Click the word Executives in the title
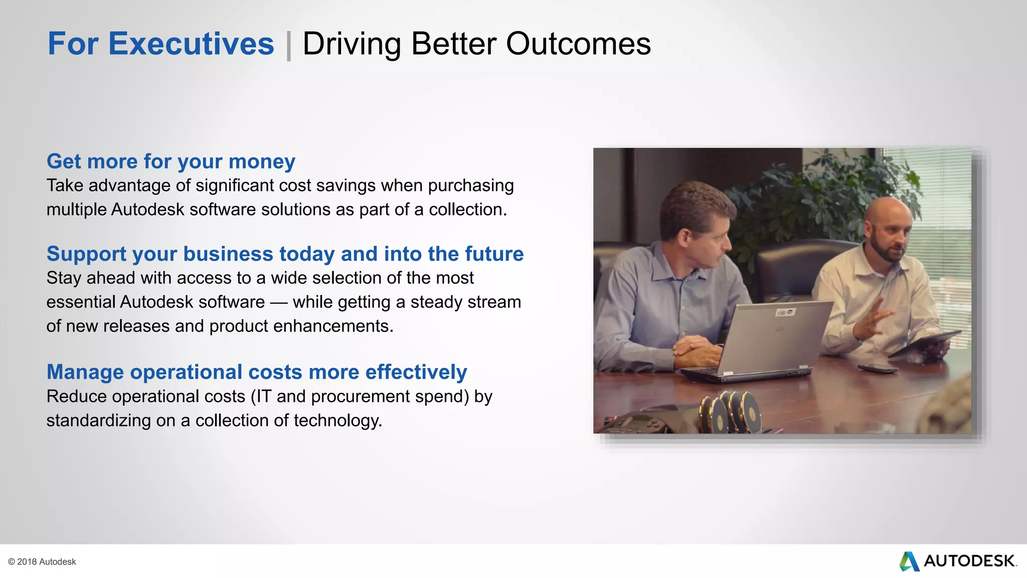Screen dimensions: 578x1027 tap(191, 44)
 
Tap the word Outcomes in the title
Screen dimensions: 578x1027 tap(578, 44)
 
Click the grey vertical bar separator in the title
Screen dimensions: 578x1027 tap(289, 45)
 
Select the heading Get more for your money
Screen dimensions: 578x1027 tap(170, 162)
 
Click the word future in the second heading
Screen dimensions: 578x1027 tap(494, 254)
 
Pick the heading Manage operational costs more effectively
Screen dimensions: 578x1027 tap(257, 372)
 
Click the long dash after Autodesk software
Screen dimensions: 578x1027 tap(278, 303)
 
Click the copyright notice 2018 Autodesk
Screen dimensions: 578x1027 tap(42, 562)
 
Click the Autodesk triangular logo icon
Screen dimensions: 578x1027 tap(909, 561)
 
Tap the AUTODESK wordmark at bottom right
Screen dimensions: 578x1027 tap(969, 561)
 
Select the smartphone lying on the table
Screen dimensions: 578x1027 tap(878, 368)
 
